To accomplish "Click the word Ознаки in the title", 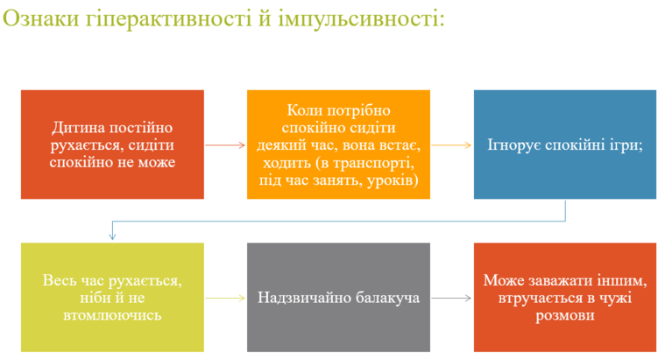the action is point(41,18).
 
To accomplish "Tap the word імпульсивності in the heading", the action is point(361,19).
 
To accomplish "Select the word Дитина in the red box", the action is point(79,128).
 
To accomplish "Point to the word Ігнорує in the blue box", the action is point(514,145).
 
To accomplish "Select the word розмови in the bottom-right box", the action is point(565,315).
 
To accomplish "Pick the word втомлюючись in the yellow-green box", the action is point(112,315).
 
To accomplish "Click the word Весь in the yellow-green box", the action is point(59,280).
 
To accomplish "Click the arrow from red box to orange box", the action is point(225,145).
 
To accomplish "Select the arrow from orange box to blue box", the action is point(452,145).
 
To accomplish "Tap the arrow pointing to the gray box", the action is point(225,298).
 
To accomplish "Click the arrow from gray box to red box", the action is point(452,298).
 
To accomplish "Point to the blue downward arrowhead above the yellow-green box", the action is point(112,236).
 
